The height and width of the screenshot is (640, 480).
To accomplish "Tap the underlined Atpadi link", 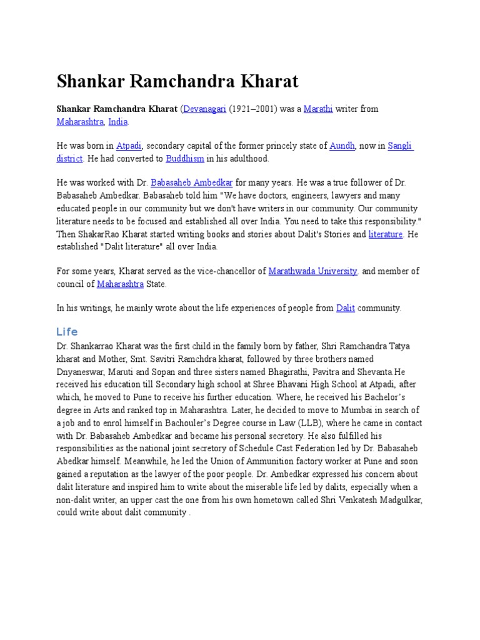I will [129, 146].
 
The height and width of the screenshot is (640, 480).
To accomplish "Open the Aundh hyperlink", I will [342, 146].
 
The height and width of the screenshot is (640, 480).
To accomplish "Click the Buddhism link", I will [185, 159].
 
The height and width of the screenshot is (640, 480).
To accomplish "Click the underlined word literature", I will [386, 234].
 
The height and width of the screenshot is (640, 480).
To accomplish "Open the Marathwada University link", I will [313, 271].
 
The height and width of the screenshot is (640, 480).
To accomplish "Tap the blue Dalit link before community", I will [346, 308].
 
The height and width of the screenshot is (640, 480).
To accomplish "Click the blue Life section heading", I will [67, 332].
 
